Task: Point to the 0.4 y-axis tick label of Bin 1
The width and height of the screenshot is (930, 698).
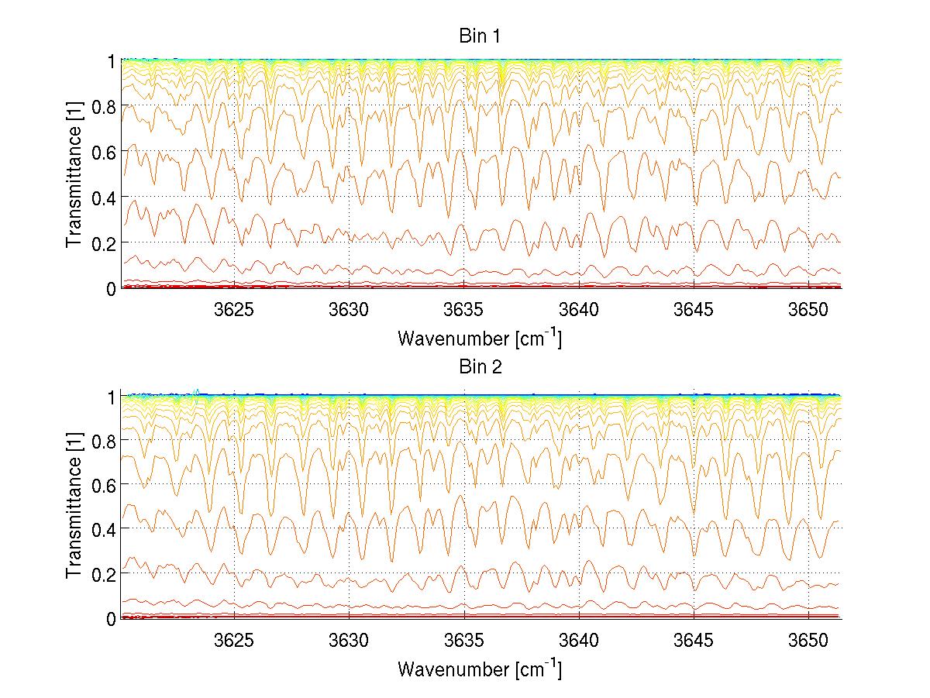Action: tap(103, 197)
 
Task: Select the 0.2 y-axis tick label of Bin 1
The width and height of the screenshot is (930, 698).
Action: tap(103, 242)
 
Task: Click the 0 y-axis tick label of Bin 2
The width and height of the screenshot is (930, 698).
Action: tap(111, 618)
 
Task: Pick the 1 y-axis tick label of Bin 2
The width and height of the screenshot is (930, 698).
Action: tap(111, 396)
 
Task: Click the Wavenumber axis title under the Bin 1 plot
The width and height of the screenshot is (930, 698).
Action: tap(479, 339)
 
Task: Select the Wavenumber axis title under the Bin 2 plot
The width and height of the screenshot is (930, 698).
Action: tap(479, 668)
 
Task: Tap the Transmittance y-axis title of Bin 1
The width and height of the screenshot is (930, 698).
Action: tap(74, 174)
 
